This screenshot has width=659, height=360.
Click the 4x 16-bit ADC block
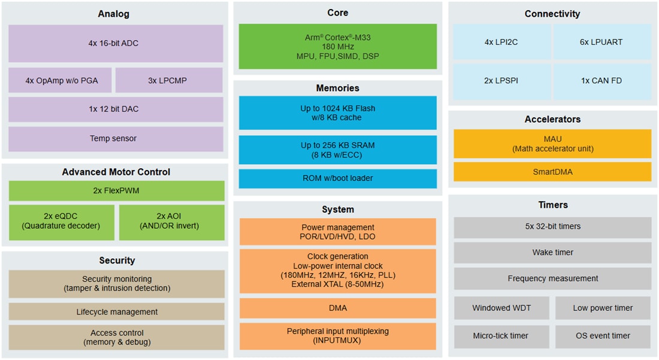[116, 43]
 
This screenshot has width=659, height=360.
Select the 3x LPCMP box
[169, 80]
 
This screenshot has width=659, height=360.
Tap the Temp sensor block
[116, 138]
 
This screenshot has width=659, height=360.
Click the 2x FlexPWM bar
[116, 190]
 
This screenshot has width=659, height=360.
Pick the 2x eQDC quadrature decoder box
[61, 222]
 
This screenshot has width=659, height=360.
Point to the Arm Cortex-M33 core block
[337, 47]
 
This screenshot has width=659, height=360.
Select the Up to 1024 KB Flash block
[337, 113]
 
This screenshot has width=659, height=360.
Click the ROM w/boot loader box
[337, 179]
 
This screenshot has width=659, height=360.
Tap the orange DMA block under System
[337, 308]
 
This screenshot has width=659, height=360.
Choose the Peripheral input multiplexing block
[337, 336]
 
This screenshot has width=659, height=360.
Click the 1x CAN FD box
[601, 80]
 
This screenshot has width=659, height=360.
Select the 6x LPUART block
[601, 42]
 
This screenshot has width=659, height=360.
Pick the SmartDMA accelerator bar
[552, 172]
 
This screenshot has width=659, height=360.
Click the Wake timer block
[552, 252]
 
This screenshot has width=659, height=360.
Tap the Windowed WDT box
[501, 308]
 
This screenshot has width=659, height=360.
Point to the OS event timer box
[602, 336]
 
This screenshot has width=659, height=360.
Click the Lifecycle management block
[116, 311]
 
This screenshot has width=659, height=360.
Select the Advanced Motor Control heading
[116, 172]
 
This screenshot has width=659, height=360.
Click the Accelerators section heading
[552, 119]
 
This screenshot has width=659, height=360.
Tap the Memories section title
[337, 88]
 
